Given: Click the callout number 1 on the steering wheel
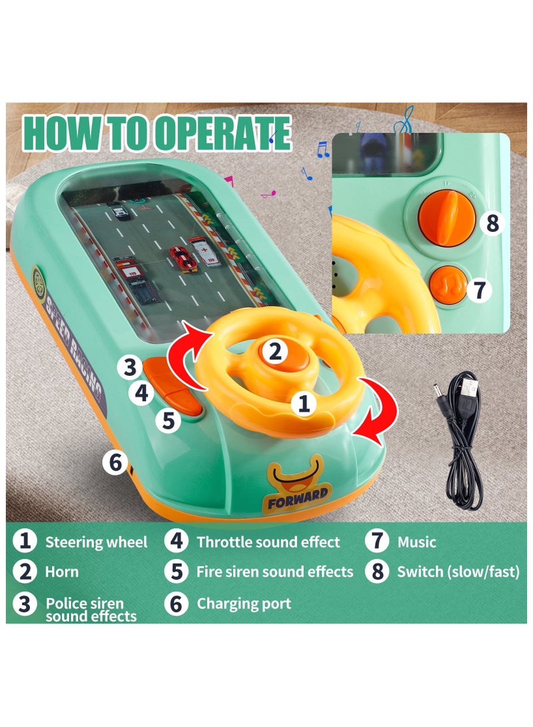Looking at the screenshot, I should point(303,402).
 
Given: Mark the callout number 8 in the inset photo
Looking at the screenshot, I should point(492,223).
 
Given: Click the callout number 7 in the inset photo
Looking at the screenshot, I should point(479,290).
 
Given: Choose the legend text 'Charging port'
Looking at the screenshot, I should point(244,604).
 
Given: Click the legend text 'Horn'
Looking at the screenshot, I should point(62,572).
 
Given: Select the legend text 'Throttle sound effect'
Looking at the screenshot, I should point(268,542).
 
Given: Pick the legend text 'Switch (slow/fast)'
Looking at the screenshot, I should point(458,572).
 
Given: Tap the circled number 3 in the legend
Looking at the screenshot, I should point(25,604).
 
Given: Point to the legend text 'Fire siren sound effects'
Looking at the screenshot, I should point(274,572).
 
